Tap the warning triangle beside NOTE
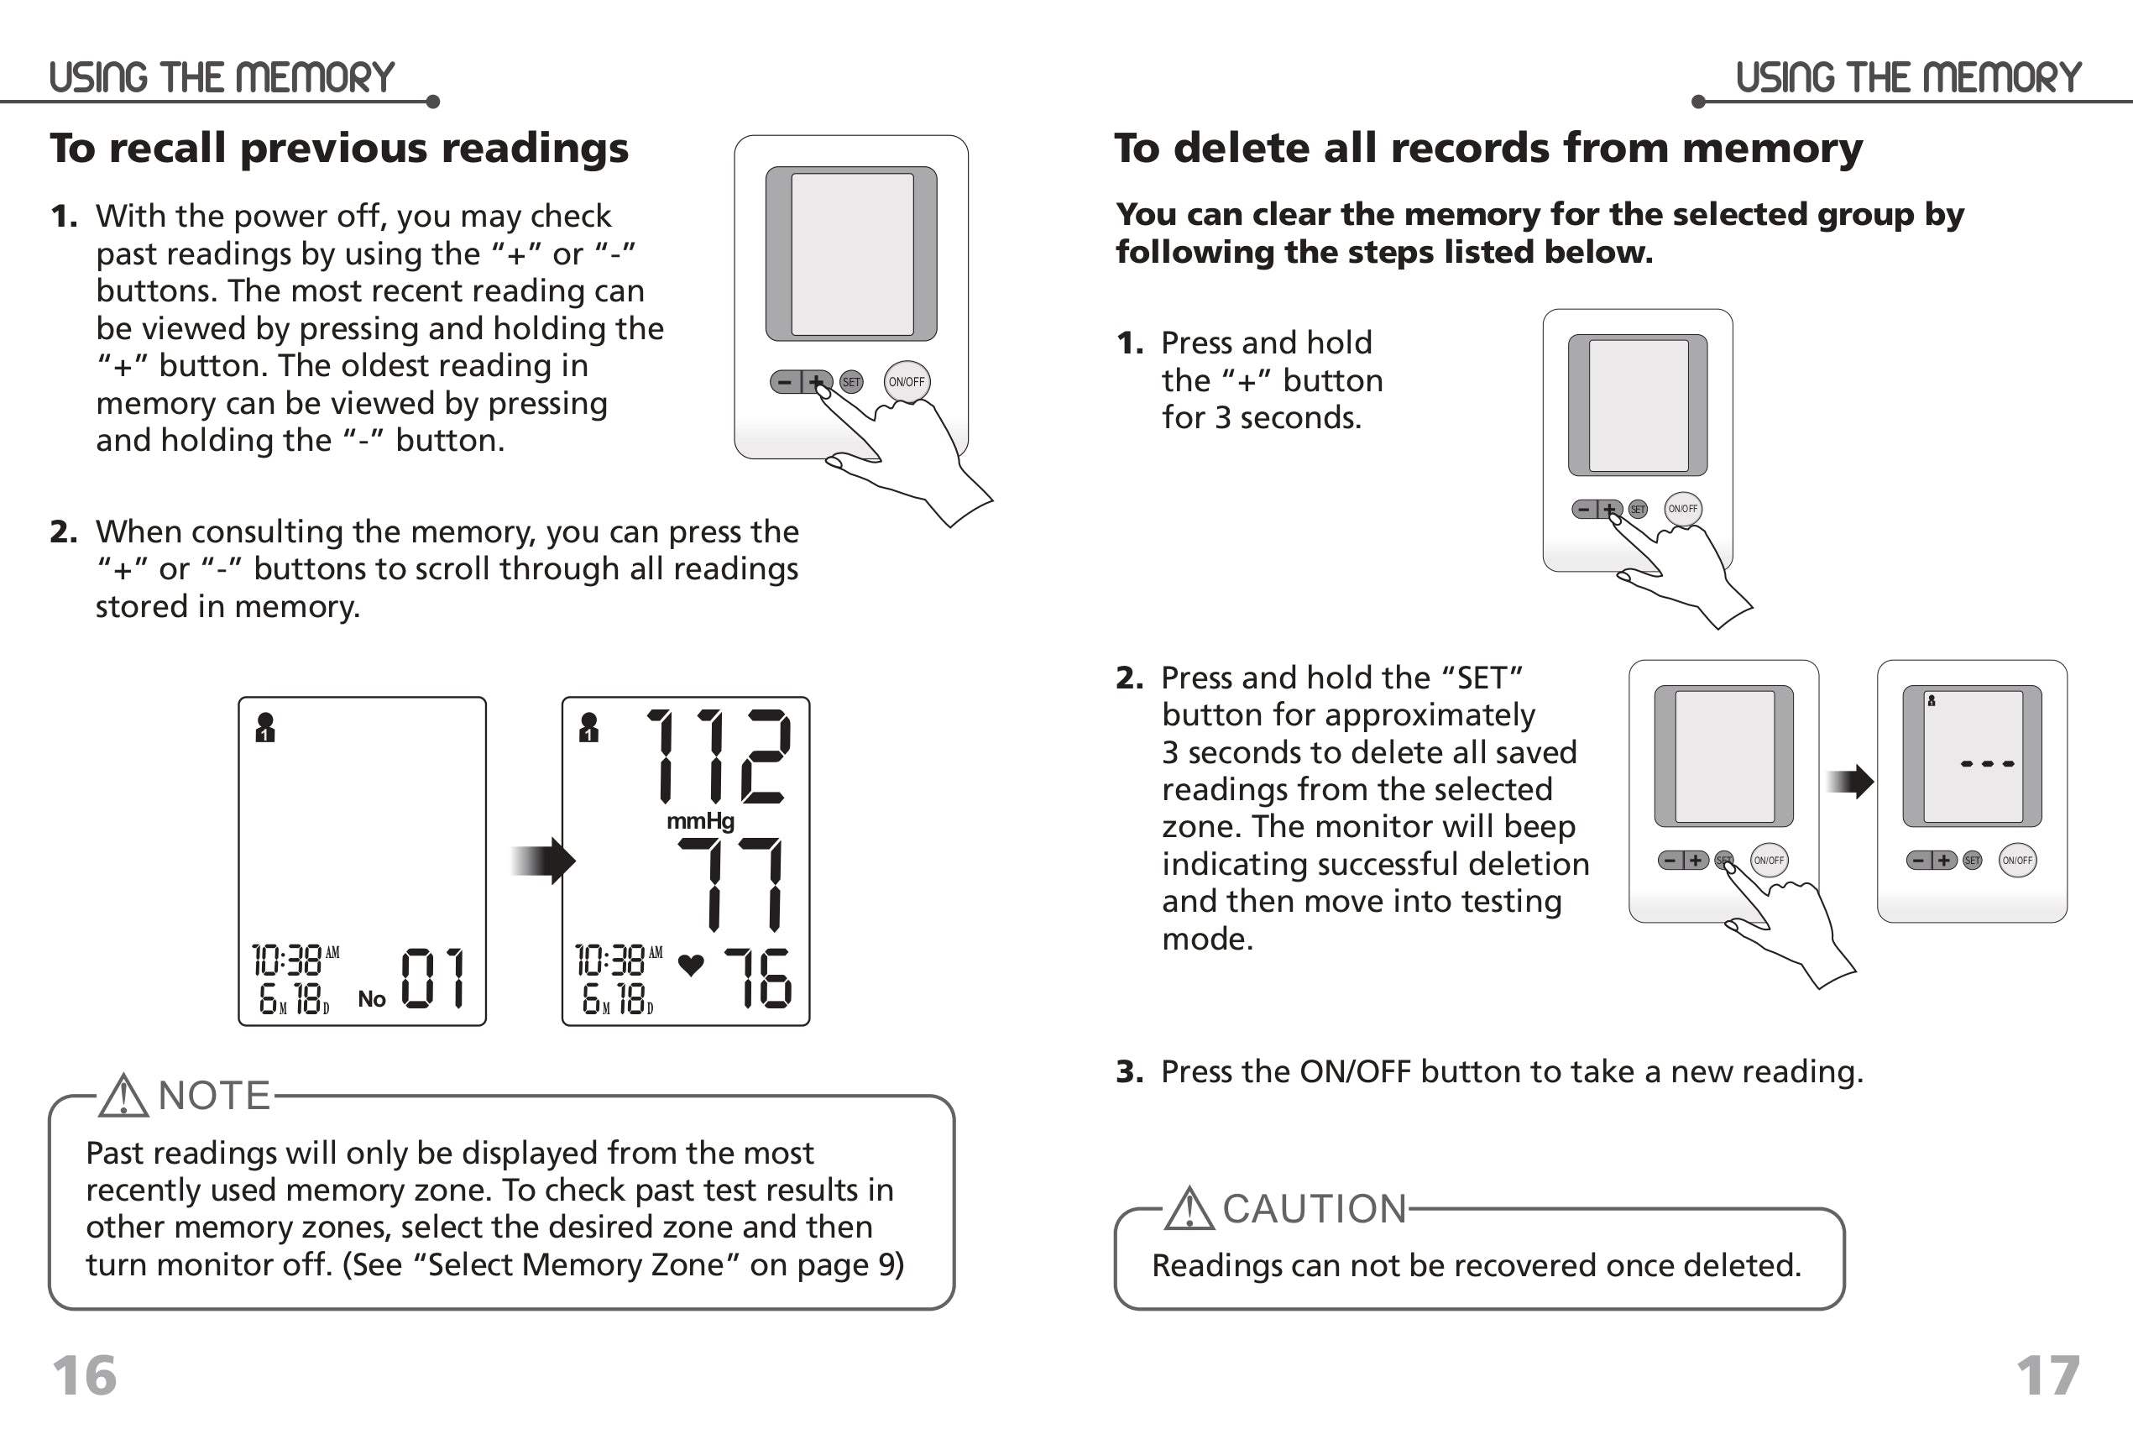[123, 1097]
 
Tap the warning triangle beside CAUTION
[1189, 1210]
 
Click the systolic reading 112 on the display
[718, 756]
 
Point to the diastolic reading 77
[731, 885]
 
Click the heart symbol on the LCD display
[691, 965]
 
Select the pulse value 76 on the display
[757, 978]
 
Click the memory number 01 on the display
[433, 978]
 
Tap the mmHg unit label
[700, 820]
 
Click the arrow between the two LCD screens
[542, 861]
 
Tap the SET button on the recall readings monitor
[852, 382]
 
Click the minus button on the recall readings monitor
[785, 382]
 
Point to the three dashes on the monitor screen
[1987, 763]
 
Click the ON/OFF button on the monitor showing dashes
[2017, 860]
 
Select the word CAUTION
[1315, 1210]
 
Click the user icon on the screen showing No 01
[265, 727]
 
